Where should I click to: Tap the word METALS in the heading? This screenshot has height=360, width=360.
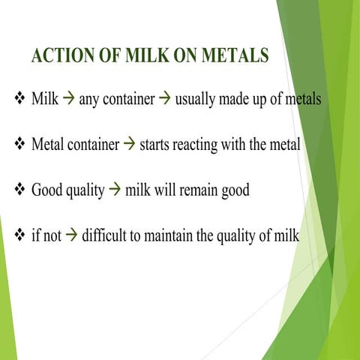(235, 57)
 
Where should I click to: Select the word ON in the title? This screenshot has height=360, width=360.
(180, 57)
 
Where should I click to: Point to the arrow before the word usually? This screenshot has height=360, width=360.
(163, 99)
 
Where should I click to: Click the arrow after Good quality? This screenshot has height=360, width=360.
(115, 190)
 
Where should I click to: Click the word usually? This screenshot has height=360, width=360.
(194, 100)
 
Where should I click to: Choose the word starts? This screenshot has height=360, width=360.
(154, 145)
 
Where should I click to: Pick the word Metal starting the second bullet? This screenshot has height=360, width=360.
(47, 145)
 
